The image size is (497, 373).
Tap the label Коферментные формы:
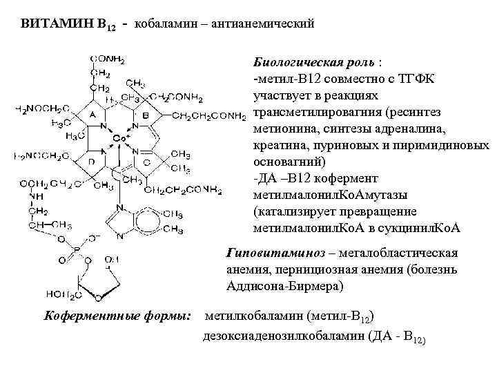click(117, 317)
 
